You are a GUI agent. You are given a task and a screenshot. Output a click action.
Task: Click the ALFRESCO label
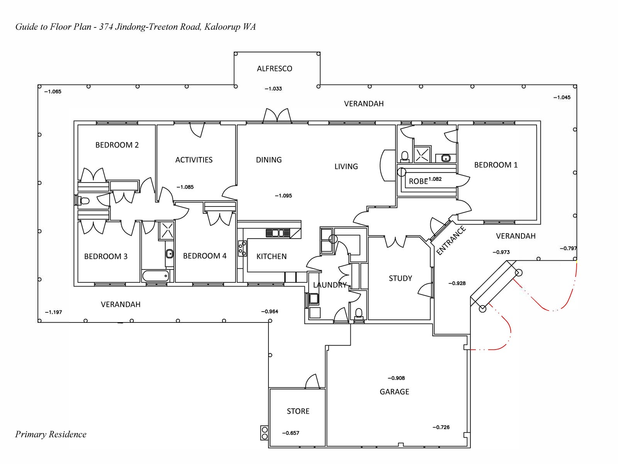[x=274, y=69]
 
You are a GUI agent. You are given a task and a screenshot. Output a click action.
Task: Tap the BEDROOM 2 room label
[x=117, y=145]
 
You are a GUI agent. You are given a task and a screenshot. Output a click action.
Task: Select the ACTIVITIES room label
[x=194, y=160]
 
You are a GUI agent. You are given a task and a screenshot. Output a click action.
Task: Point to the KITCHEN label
[x=271, y=256]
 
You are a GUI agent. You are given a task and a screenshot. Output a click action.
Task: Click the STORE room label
[x=298, y=411]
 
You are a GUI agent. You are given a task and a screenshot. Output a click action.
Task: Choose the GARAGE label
[x=394, y=392]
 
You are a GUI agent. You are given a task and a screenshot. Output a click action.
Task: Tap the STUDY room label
[x=400, y=278]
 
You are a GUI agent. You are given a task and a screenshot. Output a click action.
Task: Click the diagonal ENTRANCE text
[x=451, y=241]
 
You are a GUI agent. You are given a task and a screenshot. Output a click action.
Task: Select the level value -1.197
[x=53, y=312]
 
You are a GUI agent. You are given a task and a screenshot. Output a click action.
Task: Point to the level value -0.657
[x=290, y=433]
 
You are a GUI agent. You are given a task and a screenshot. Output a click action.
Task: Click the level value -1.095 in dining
[x=283, y=196]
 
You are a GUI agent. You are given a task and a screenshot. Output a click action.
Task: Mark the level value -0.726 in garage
[x=441, y=427]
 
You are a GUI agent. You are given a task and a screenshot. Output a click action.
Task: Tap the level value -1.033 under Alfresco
[x=273, y=89]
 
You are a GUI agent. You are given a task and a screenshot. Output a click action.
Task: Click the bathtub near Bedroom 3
[x=156, y=276]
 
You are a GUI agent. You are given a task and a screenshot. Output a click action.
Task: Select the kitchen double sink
[x=278, y=233]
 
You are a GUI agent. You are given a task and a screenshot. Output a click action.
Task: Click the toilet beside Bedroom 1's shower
[x=404, y=156]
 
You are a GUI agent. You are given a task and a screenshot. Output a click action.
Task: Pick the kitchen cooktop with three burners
[x=242, y=248]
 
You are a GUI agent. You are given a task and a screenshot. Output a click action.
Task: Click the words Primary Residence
[x=51, y=434]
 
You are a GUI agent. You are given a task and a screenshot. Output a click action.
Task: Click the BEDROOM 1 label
[x=496, y=165]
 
